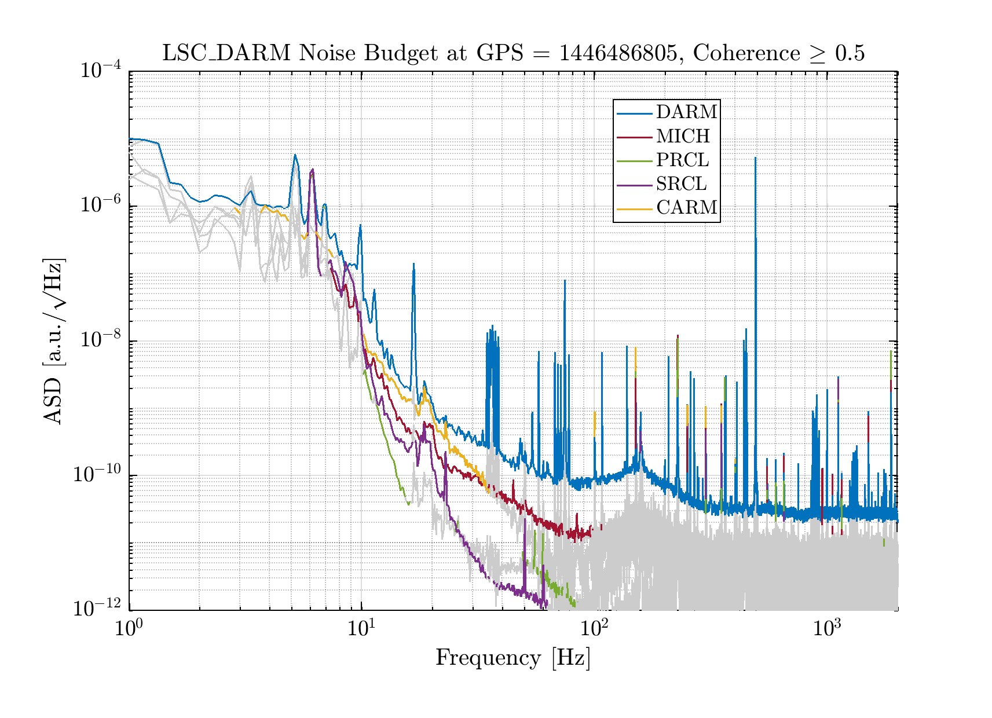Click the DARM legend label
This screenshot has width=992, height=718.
(687, 112)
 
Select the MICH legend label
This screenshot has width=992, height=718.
(683, 136)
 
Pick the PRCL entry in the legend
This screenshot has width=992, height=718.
(682, 160)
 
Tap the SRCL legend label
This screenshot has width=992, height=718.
(681, 184)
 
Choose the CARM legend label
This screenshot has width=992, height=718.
(687, 207)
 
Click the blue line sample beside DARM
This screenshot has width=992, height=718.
(635, 112)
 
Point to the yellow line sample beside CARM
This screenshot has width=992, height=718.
(635, 207)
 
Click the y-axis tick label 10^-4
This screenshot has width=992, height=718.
(100, 71)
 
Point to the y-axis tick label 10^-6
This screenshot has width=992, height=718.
(100, 206)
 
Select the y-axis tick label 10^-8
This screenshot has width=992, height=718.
(100, 340)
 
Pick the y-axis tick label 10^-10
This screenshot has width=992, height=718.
(97, 474)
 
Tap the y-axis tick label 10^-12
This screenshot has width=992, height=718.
(97, 609)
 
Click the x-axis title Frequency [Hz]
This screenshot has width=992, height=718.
(513, 658)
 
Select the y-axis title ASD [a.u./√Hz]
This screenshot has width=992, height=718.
(53, 341)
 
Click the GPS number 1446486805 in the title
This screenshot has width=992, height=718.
(618, 53)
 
